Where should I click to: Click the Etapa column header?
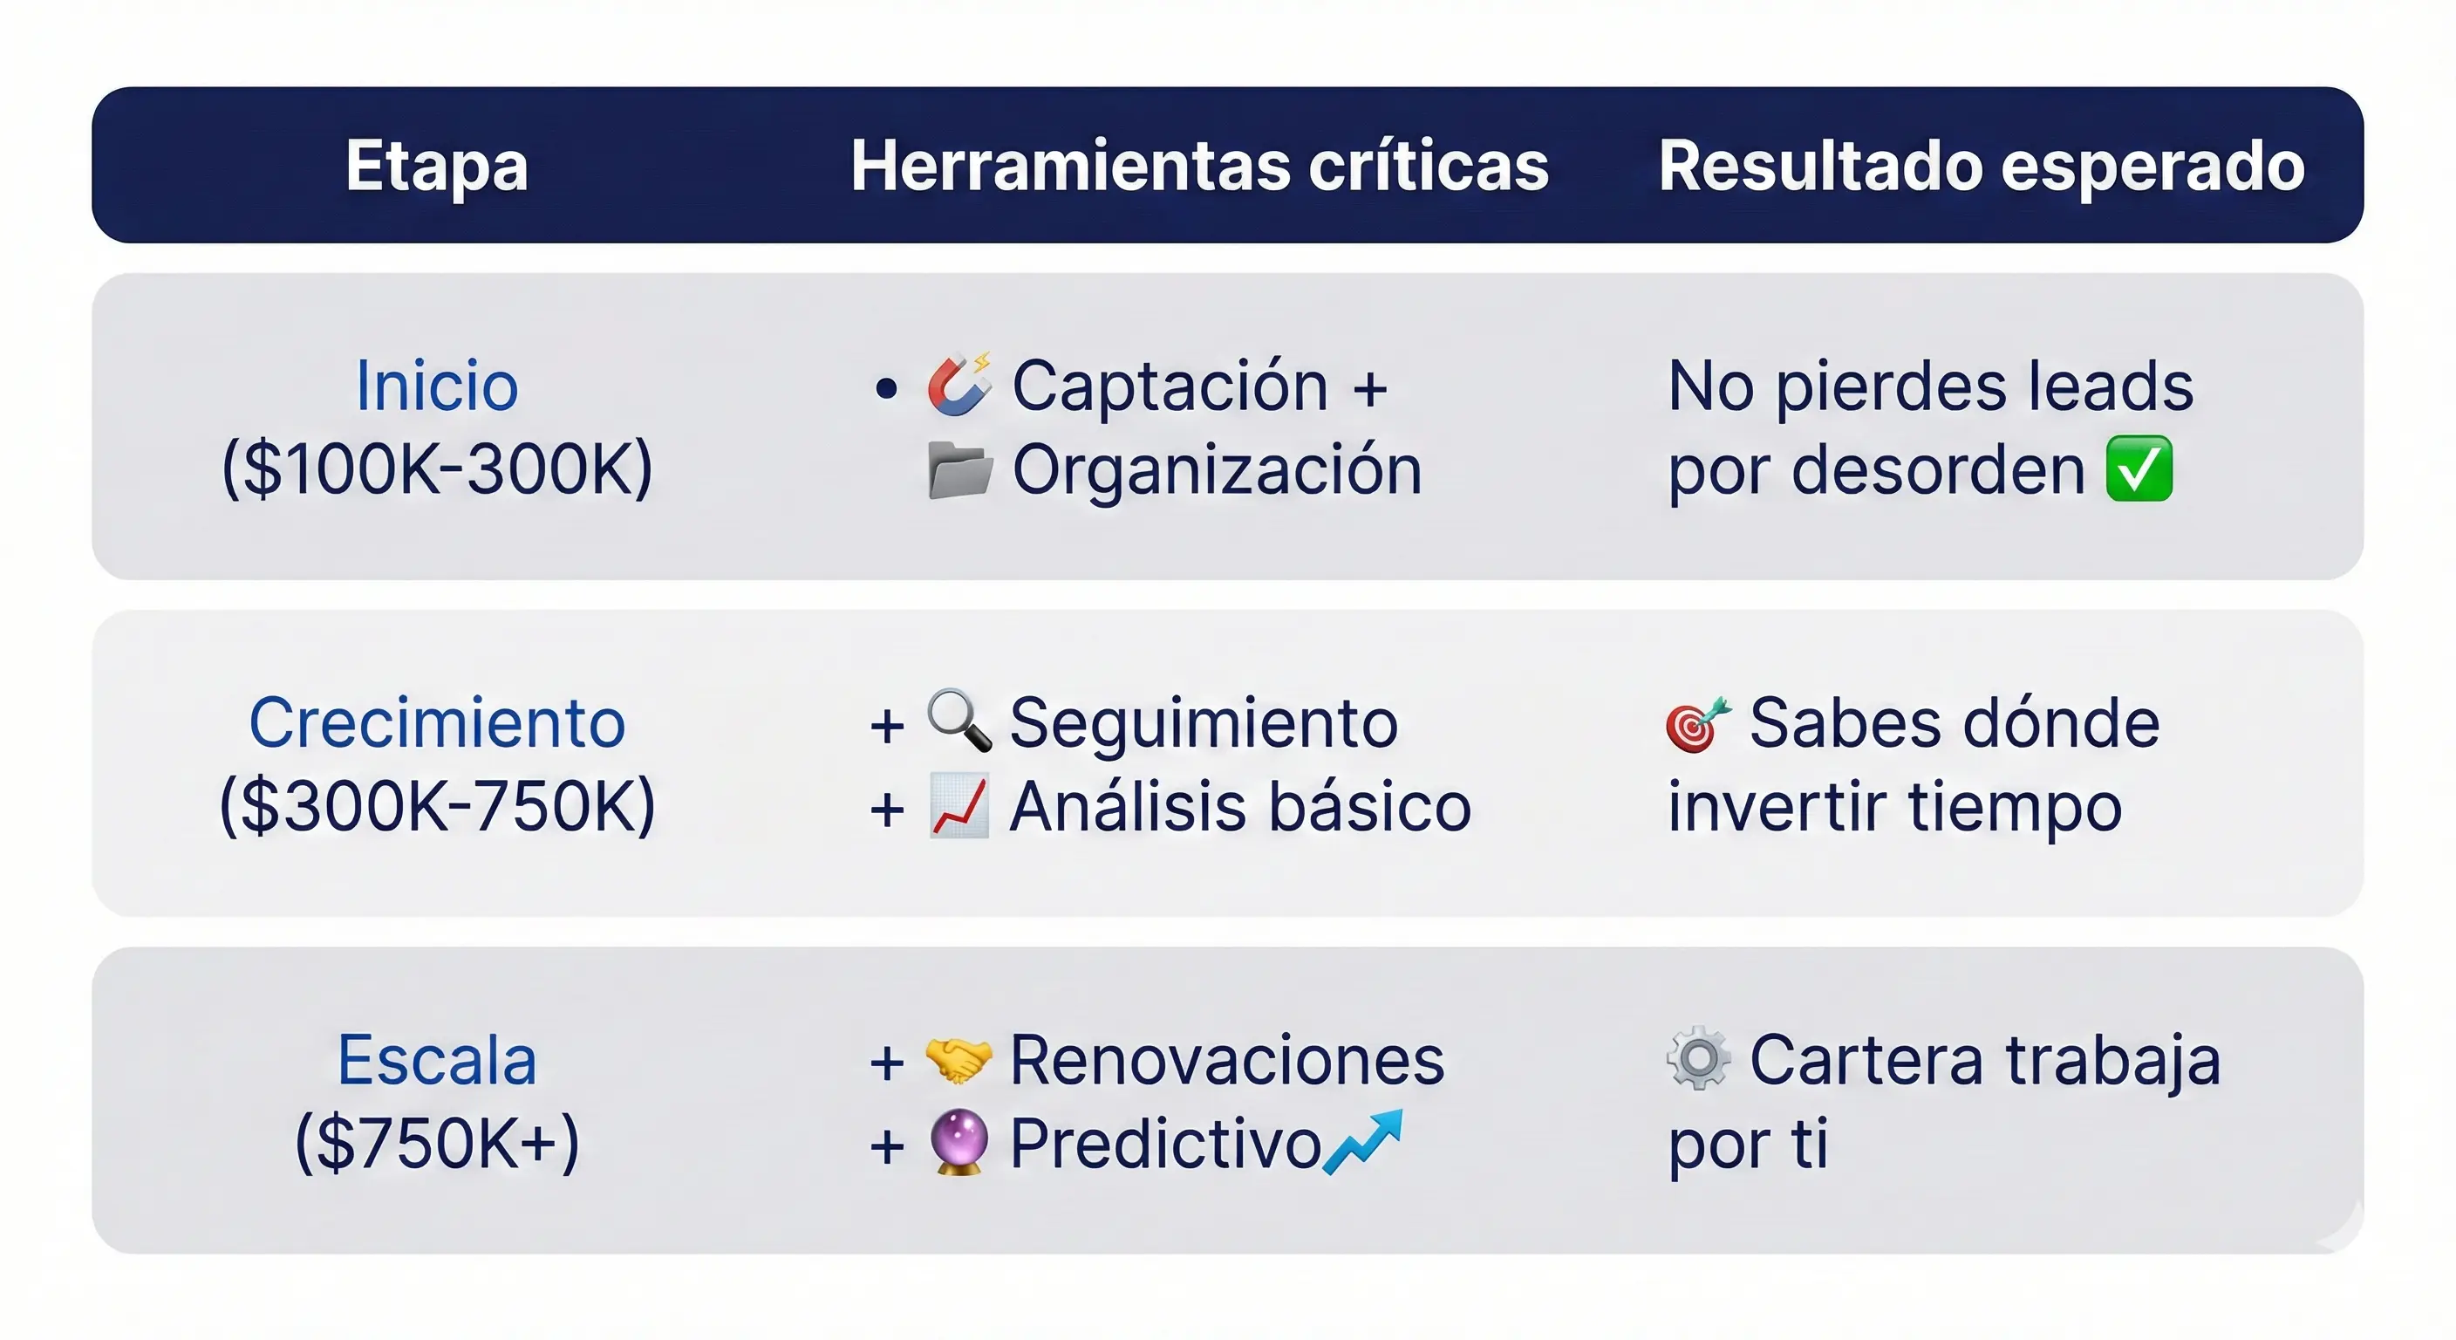point(437,167)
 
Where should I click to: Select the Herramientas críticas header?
point(1199,167)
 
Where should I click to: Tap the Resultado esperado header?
point(1982,167)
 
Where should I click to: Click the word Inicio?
point(437,386)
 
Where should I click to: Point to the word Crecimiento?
point(437,723)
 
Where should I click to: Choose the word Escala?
point(437,1061)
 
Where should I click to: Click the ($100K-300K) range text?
point(437,469)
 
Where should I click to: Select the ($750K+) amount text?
point(437,1143)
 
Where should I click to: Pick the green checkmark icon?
point(2139,468)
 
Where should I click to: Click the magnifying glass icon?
point(959,720)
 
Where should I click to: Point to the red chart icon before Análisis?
point(959,806)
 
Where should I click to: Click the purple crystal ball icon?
point(959,1142)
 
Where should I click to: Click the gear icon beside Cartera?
point(1698,1057)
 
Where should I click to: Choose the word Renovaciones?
point(1227,1061)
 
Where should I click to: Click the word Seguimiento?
point(1204,723)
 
